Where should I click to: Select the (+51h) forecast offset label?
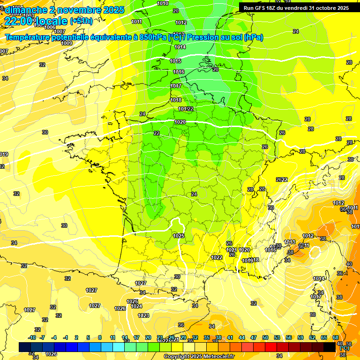point(81,21)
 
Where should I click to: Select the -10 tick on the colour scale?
point(32,337)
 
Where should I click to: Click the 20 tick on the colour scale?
point(148,337)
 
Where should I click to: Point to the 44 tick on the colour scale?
point(242,337)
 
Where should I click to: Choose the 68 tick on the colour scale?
point(336,337)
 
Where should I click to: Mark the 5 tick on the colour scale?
point(88,337)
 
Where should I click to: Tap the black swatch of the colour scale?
point(330,347)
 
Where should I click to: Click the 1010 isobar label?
point(163,3)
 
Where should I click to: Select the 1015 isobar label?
point(175,61)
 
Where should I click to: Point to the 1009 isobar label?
point(67,43)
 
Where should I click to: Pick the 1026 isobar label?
point(120,308)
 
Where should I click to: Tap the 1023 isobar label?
point(143,315)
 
